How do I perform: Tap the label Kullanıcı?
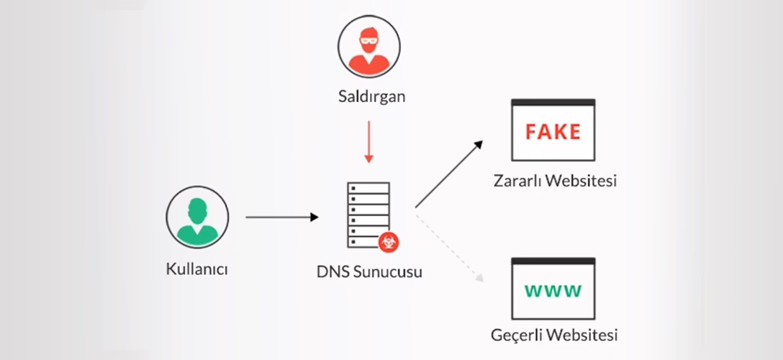tap(196, 270)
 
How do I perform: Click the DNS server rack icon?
tap(368, 213)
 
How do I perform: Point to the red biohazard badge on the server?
tap(389, 242)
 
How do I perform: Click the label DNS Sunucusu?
tap(369, 272)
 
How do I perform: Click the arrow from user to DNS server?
tap(281, 217)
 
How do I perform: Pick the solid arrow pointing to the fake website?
tap(448, 174)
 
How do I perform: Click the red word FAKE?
tap(553, 132)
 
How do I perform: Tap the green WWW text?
tap(553, 291)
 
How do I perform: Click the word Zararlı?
tap(516, 180)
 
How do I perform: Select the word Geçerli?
tap(515, 336)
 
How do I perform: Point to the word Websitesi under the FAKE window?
tap(581, 180)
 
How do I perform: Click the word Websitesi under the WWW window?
tap(581, 336)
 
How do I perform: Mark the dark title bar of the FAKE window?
tap(553, 103)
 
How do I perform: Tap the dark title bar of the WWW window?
tap(553, 261)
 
